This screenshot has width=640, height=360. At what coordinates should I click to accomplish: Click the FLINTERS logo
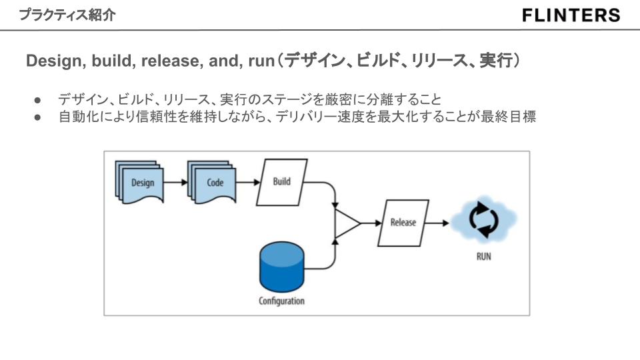(571, 15)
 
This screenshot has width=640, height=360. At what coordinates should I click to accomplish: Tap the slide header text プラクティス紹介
(66, 15)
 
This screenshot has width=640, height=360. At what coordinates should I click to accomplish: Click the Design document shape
(141, 182)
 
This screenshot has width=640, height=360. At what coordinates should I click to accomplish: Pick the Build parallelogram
(282, 181)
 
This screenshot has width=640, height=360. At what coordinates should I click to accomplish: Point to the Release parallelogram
(403, 223)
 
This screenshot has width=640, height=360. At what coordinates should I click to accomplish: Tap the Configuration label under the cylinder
(281, 301)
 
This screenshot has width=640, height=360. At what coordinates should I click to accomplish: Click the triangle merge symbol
(345, 223)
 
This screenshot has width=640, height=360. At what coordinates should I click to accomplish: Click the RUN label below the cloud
(484, 257)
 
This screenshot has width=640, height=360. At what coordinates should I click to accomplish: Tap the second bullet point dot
(38, 117)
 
